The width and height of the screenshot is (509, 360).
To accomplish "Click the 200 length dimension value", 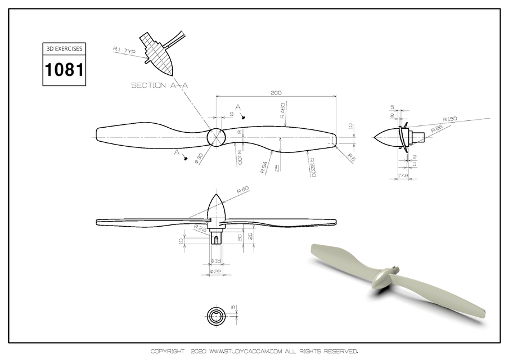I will (x=276, y=92).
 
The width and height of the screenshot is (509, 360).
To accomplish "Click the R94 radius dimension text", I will (x=264, y=167).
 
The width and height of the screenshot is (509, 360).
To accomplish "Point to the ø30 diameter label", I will (x=199, y=159).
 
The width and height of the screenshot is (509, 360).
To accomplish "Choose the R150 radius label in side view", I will (x=450, y=119).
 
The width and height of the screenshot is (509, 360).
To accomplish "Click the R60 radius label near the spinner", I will (x=243, y=190).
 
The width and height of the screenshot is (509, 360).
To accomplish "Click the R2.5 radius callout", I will (x=199, y=228).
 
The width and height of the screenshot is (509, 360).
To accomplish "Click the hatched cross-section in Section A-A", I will (x=160, y=57).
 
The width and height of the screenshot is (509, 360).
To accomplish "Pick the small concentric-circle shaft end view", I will (x=215, y=316).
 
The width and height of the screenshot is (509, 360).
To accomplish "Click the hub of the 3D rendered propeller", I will (x=383, y=277).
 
